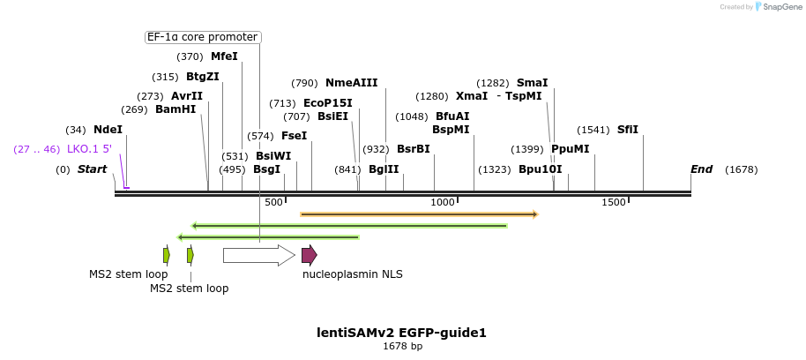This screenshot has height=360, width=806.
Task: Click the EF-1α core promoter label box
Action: click(203, 37)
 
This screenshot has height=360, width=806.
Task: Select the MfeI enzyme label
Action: click(224, 56)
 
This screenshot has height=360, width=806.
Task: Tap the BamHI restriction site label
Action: click(175, 109)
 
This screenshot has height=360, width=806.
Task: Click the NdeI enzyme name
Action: click(108, 130)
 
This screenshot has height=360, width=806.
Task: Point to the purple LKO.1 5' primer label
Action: click(89, 149)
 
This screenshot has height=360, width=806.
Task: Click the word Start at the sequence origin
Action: click(92, 169)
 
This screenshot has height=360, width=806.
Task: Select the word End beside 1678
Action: click(701, 169)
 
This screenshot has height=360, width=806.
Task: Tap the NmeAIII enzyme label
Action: click(351, 83)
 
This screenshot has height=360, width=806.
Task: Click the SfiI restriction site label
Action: click(628, 130)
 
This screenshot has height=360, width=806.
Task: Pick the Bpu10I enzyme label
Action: click(540, 169)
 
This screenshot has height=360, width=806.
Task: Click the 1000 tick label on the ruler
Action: click(443, 203)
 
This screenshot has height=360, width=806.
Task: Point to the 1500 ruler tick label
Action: click(614, 203)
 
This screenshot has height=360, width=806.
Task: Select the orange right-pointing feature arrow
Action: click(419, 214)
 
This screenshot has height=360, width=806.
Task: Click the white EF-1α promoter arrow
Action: click(258, 255)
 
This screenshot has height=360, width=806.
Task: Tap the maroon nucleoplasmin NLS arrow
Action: click(309, 255)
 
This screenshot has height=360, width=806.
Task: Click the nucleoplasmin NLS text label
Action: click(352, 274)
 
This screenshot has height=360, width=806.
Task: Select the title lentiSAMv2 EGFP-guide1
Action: click(401, 333)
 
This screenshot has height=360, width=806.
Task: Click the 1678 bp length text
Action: click(402, 347)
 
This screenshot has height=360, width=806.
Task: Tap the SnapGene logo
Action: click(776, 7)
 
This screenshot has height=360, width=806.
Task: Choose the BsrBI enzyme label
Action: click(413, 149)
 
